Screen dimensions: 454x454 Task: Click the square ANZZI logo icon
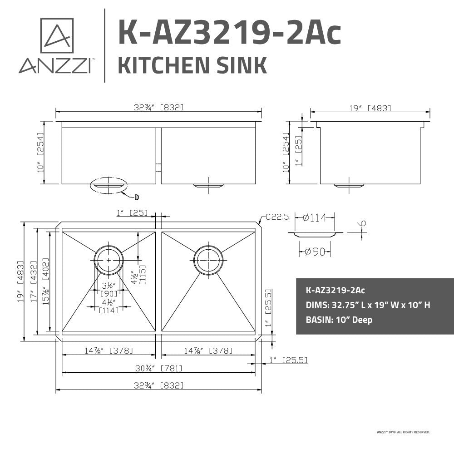coord(57,35)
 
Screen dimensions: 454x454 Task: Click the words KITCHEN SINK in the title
coord(192,65)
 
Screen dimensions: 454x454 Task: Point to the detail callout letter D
coord(136,197)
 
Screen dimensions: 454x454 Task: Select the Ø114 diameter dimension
coord(314,217)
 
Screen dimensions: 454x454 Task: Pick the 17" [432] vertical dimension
coord(34,281)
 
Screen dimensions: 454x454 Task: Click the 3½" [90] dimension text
coord(109,290)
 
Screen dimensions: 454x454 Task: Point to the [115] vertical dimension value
coord(143,275)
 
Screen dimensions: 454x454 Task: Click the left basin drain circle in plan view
coord(109,260)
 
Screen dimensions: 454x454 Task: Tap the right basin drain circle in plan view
coord(208,260)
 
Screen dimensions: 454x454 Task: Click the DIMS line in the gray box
coord(368,305)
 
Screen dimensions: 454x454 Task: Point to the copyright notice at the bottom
coord(403,432)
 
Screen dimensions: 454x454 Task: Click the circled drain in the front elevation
coord(109,185)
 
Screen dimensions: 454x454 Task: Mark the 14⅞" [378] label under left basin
coord(109,350)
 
